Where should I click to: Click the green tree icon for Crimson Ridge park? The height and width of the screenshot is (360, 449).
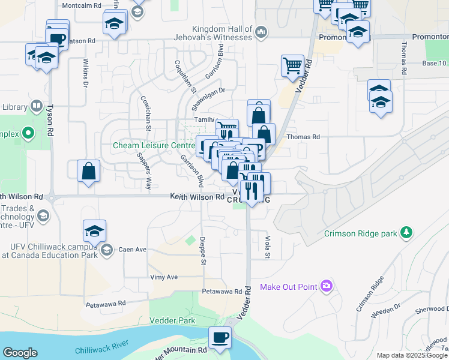(407, 232)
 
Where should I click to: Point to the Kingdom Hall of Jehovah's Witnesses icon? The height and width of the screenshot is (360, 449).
(261, 31)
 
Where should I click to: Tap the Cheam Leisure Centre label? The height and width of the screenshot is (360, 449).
(153, 145)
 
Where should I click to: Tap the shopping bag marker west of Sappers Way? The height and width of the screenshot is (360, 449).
(88, 170)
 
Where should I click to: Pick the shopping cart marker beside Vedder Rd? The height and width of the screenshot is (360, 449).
(292, 65)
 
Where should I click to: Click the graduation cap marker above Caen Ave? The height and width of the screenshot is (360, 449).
(95, 230)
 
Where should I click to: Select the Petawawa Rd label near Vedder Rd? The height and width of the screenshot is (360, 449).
(223, 290)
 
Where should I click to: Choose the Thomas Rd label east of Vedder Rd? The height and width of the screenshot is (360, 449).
(303, 137)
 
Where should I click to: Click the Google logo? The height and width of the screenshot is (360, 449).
(20, 353)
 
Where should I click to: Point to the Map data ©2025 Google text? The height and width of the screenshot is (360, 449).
(411, 355)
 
